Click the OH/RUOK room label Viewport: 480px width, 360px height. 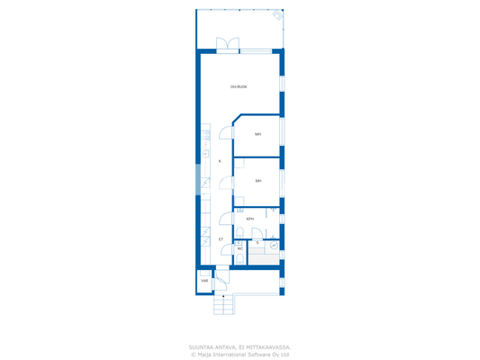[239, 86]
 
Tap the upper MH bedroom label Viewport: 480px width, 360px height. [258, 134]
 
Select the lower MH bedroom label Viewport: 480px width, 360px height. [258, 181]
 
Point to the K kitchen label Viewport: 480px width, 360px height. [220, 161]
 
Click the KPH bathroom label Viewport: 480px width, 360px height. [249, 219]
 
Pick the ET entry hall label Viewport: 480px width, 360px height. [221, 239]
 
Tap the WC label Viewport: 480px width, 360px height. [240, 249]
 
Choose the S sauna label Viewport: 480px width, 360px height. [257, 243]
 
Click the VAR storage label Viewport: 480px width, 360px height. [204, 281]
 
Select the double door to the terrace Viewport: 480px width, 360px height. [229, 44]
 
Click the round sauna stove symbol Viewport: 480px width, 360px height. [274, 245]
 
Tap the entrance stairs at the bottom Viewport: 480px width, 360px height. [223, 306]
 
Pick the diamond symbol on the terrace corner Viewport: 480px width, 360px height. [277, 15]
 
